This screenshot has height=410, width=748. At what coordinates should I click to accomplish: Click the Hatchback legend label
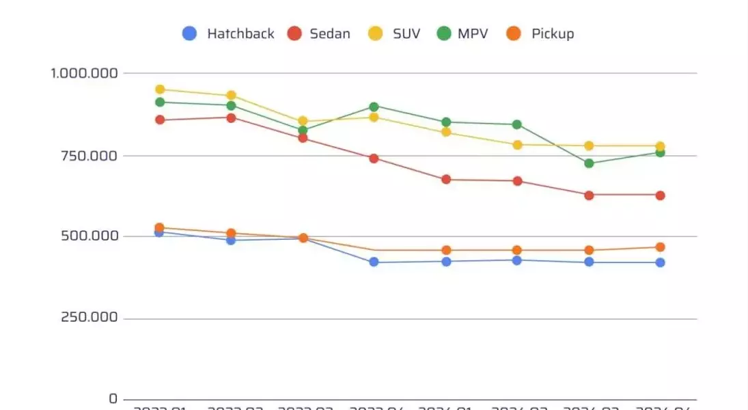[x=240, y=33]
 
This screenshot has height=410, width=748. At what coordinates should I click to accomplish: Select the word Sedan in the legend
[x=330, y=33]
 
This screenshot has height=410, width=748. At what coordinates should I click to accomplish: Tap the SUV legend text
[x=406, y=33]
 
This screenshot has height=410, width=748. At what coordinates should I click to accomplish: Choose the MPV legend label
[x=473, y=33]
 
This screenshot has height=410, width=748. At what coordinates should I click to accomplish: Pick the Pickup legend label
[x=553, y=33]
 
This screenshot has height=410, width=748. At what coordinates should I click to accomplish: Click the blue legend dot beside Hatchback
[x=190, y=33]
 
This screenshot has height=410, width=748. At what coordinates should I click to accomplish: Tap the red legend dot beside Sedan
[x=294, y=33]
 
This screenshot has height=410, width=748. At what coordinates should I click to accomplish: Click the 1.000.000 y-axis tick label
[x=85, y=73]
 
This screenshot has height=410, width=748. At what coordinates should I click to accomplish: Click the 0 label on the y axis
[x=113, y=399]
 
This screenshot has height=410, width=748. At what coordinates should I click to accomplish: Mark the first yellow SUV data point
[x=160, y=90]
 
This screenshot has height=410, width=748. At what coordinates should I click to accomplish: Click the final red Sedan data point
[x=660, y=195]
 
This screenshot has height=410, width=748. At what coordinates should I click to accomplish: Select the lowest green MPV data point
[x=589, y=163]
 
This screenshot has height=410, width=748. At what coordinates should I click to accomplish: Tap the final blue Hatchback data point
[x=660, y=262]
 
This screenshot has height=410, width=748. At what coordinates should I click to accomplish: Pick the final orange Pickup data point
[x=660, y=247]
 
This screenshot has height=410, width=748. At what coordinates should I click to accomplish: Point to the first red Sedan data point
[x=160, y=120]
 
